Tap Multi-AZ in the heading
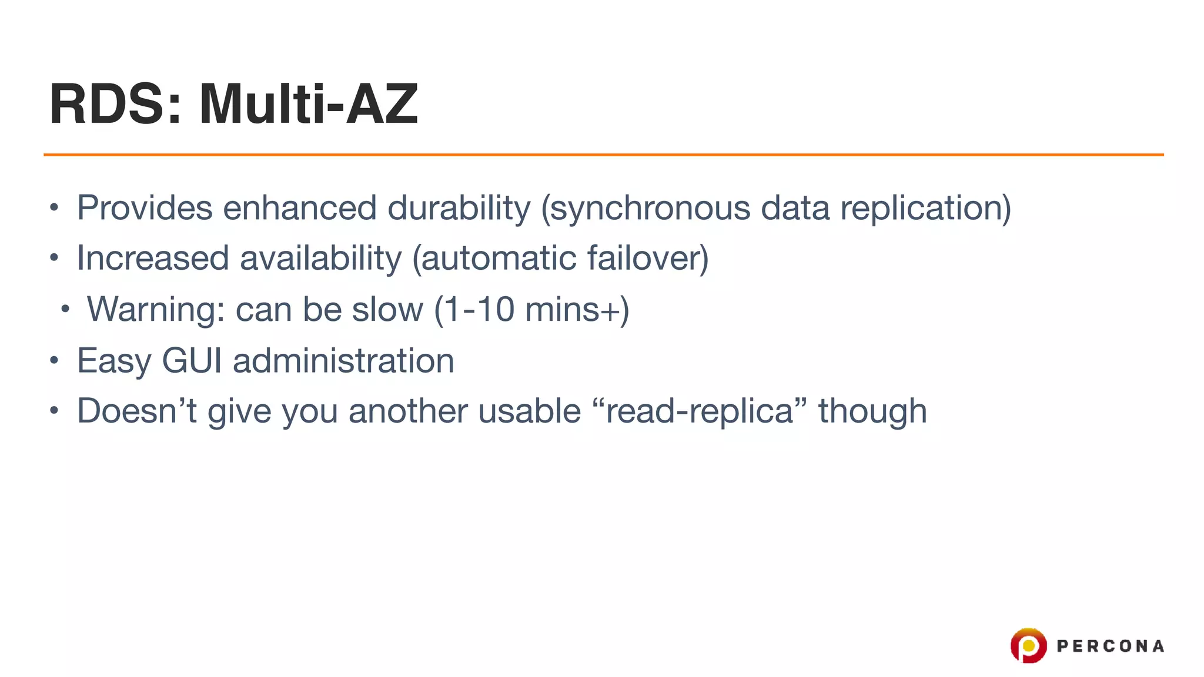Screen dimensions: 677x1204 pos(308,105)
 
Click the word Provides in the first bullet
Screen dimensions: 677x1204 pos(145,208)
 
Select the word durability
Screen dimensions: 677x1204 pos(459,208)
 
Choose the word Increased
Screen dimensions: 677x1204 pos(153,259)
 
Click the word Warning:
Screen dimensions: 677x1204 pos(156,309)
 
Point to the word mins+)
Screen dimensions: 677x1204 pos(577,309)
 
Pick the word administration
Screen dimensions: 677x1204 pos(343,360)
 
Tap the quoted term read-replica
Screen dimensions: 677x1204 pos(700,411)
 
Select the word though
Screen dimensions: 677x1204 pos(872,411)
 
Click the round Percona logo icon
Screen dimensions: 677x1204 pos(1028,645)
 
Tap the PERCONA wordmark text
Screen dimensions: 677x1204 pos(1110,646)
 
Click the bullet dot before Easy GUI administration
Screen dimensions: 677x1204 pos(54,360)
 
